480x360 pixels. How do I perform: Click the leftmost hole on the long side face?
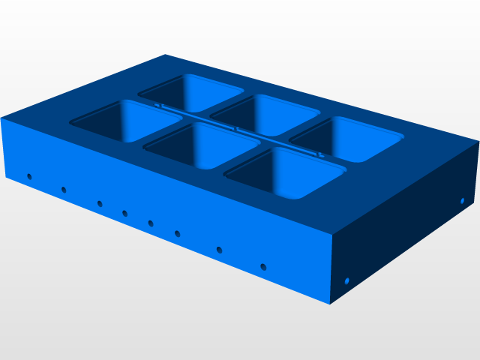(29, 177)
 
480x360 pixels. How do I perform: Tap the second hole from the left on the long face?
(64, 190)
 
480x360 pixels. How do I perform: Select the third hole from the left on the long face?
(100, 203)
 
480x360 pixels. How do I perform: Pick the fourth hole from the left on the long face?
(125, 214)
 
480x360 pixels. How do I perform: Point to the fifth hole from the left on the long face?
(151, 223)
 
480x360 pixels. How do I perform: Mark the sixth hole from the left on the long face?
(178, 233)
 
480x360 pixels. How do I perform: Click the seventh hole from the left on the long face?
(219, 249)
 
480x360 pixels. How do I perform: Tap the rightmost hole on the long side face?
(263, 266)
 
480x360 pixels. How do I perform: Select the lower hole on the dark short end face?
(347, 281)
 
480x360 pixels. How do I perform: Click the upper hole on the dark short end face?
(463, 201)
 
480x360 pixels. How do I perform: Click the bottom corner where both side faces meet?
(330, 304)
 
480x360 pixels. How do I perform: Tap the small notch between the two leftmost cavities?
(159, 106)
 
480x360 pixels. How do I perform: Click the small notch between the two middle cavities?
(236, 129)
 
